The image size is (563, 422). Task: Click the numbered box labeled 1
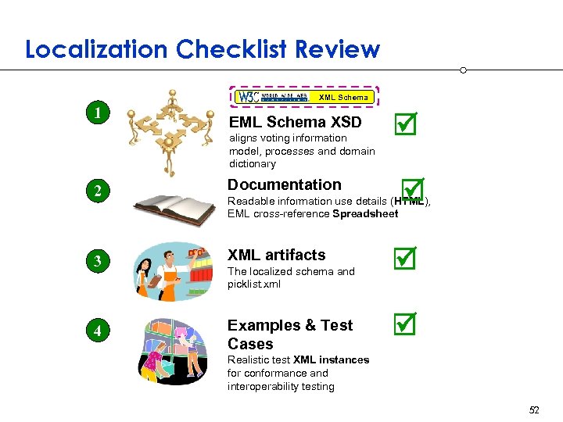click(x=97, y=113)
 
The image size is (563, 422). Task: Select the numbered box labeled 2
click(x=97, y=190)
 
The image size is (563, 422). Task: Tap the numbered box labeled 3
click(x=97, y=261)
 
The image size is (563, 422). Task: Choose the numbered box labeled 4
click(x=97, y=330)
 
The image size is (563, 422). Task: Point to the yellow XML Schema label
click(x=343, y=98)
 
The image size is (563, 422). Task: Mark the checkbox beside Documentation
click(x=410, y=188)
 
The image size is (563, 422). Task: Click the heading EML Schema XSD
click(x=295, y=122)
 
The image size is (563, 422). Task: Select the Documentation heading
click(x=285, y=185)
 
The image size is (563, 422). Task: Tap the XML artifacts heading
click(x=276, y=255)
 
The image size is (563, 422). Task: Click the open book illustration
click(x=174, y=208)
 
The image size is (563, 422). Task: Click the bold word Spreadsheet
click(x=365, y=214)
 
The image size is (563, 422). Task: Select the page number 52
click(x=535, y=409)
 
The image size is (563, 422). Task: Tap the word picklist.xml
click(x=254, y=284)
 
